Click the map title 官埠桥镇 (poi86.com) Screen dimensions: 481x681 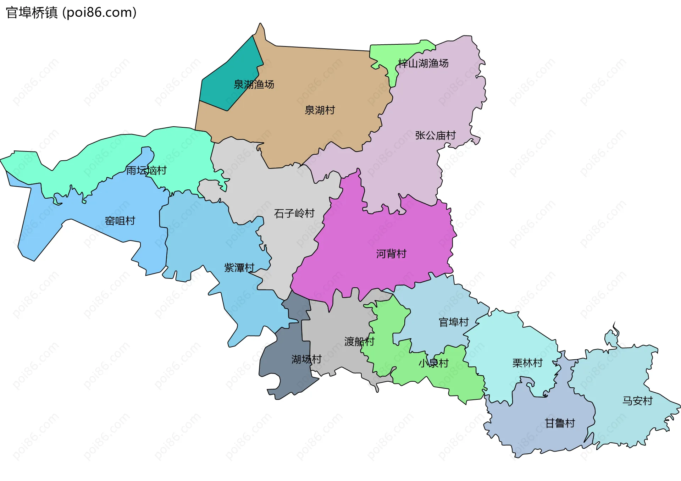click(x=71, y=13)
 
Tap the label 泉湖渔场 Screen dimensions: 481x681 click(x=254, y=84)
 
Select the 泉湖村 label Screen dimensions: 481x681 click(x=320, y=110)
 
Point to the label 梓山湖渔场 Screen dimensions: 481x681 click(x=423, y=63)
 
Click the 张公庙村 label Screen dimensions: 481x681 click(x=435, y=136)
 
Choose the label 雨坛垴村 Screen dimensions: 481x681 click(x=146, y=171)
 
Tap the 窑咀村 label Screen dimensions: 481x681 click(x=120, y=221)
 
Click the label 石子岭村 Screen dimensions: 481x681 click(x=294, y=214)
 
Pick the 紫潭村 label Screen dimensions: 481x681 click(x=239, y=268)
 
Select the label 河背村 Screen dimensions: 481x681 click(x=391, y=254)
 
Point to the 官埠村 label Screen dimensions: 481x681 click(x=454, y=322)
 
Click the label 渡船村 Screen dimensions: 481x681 click(x=359, y=342)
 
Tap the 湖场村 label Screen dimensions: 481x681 click(x=306, y=359)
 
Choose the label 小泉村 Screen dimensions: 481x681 click(x=433, y=363)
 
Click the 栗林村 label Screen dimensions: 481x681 click(x=527, y=363)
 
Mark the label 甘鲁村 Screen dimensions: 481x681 click(x=560, y=424)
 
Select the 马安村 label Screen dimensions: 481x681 click(x=637, y=401)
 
